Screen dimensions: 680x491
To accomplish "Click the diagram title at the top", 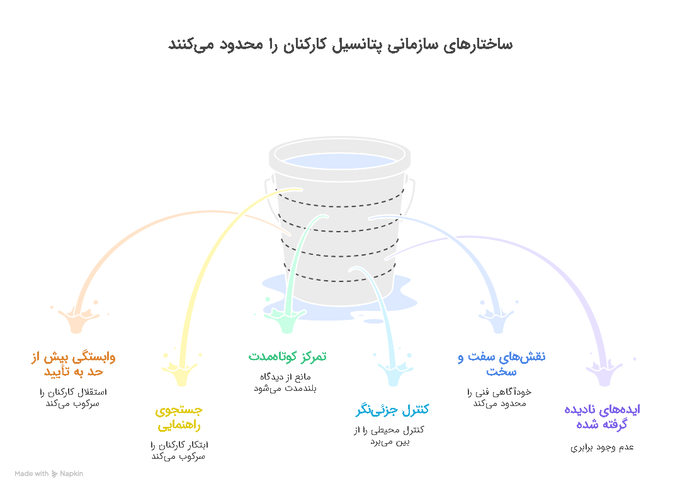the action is tap(341, 45).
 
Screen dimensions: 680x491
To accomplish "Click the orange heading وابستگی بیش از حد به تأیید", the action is tap(73, 364).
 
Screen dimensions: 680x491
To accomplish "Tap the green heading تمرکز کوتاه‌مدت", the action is tap(287, 356).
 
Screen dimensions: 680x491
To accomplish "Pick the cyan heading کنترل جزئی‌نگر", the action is tap(392, 409).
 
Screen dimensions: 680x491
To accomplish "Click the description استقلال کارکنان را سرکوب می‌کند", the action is tap(73, 398).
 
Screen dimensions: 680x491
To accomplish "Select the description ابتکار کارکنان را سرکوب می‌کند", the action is tap(179, 451).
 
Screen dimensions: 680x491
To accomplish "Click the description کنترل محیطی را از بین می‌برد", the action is tap(389, 436).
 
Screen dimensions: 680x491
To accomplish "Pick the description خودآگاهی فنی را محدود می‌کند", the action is tap(499, 398).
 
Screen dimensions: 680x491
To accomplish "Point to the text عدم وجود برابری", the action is tap(602, 448).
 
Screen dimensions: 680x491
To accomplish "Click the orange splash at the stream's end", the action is tap(77, 319).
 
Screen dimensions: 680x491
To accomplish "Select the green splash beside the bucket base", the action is tap(286, 320).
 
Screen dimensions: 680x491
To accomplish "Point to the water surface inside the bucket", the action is tap(339, 161).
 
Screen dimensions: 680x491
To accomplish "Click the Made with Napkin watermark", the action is tap(48, 473).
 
